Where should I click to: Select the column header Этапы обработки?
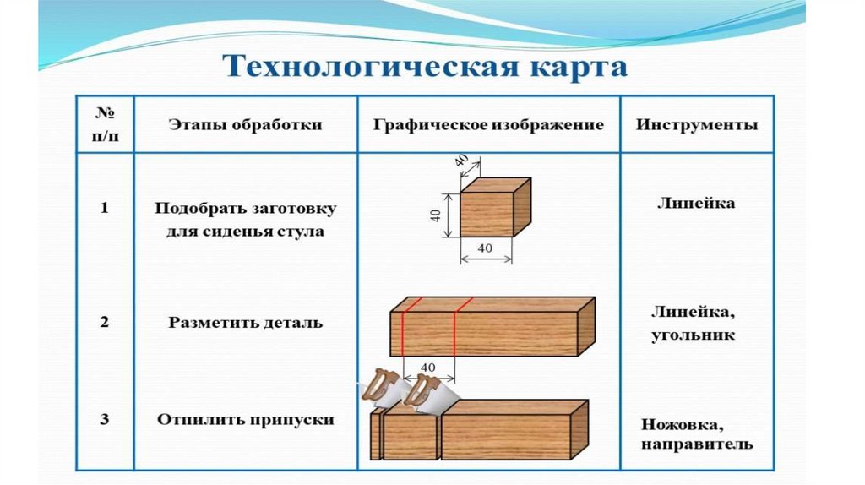coord(245,124)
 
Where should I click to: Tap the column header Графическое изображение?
coord(488,124)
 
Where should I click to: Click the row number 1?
coord(104,209)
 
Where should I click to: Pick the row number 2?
coord(104,322)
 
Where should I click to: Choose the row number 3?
coord(104,418)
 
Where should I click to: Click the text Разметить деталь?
coord(245,322)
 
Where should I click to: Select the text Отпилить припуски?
coord(245,419)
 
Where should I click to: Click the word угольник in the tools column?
coord(692,335)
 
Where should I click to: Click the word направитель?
coord(696,444)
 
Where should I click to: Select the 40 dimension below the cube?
coord(485,248)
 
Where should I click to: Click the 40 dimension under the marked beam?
coord(427,367)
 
